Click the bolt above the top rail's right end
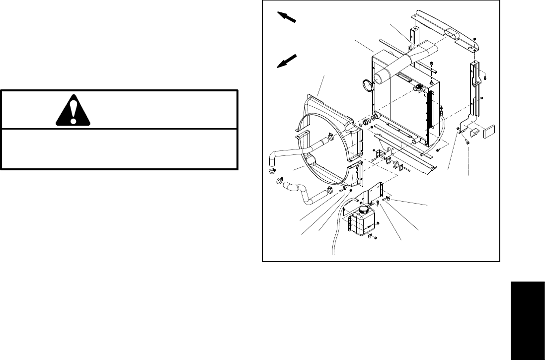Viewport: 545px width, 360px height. (475, 38)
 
